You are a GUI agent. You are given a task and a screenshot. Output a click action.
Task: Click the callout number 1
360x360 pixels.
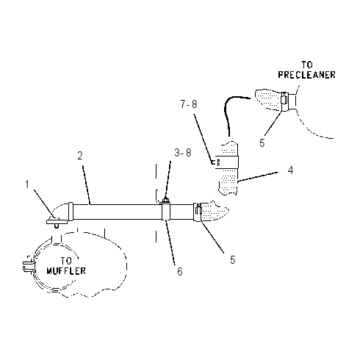[x=27, y=184]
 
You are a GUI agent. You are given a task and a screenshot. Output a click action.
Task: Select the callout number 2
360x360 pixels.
[x=80, y=156]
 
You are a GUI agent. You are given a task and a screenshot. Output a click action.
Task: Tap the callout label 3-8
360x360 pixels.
[x=183, y=153]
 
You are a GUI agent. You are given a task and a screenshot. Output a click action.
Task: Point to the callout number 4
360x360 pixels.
[x=290, y=170]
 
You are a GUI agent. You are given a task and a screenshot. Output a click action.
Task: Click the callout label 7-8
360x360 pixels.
[x=189, y=104]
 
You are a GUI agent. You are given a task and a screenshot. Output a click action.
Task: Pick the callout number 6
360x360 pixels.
[x=180, y=272]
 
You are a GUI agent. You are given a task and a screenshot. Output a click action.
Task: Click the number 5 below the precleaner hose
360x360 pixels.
[x=262, y=143]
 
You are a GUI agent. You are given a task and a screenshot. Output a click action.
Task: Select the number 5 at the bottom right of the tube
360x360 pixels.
[x=233, y=260]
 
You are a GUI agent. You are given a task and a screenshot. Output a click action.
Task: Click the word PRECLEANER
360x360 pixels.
[x=306, y=75]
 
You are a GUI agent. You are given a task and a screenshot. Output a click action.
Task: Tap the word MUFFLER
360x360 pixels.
[x=66, y=271]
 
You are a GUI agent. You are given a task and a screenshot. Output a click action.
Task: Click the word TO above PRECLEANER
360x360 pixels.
[x=307, y=65]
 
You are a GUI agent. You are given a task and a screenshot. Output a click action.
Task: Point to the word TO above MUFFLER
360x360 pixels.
[x=66, y=261]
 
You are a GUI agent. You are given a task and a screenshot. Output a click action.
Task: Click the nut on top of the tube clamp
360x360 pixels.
[x=166, y=200]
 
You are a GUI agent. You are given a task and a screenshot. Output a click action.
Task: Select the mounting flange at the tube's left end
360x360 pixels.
[x=57, y=222]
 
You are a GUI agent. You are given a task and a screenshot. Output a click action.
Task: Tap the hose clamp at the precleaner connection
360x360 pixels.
[x=284, y=101]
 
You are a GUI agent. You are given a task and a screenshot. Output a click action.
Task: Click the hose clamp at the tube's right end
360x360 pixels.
[x=198, y=212]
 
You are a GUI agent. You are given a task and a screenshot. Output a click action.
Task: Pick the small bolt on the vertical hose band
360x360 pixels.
[x=216, y=162]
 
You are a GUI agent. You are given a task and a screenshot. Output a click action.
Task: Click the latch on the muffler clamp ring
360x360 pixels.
[x=28, y=265]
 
